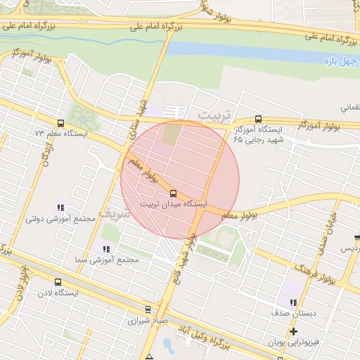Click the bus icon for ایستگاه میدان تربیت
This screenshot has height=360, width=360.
point(174,193)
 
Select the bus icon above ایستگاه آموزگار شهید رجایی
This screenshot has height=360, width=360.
point(258,119)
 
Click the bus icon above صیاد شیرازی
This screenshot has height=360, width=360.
point(148,309)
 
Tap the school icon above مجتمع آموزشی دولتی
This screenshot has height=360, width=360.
point(60,208)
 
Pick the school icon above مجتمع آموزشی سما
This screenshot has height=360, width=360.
point(107,249)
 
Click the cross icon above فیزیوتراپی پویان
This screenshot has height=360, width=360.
point(293,331)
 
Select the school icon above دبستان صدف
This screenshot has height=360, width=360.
point(293,301)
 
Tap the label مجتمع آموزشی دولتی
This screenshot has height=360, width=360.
point(60,219)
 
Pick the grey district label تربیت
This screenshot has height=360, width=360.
point(214,114)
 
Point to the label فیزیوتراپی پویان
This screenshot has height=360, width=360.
point(293,342)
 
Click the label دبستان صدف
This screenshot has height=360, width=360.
point(293,311)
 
